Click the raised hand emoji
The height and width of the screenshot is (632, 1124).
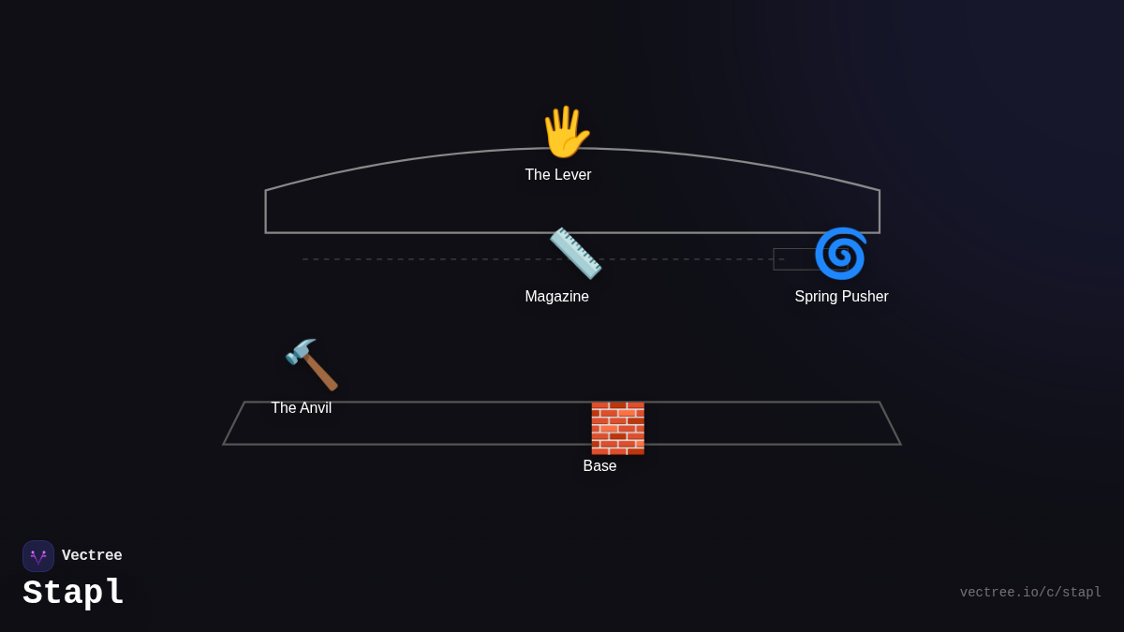tap(565, 132)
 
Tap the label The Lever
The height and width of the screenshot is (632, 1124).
tap(558, 175)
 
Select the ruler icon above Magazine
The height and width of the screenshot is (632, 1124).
tap(575, 253)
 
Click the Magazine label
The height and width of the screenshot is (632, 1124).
tap(557, 297)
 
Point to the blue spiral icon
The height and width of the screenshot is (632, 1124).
tap(840, 253)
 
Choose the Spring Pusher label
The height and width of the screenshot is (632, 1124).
tap(841, 297)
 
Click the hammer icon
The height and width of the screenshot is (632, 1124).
tap(312, 364)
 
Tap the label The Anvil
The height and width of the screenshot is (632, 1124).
tap(302, 408)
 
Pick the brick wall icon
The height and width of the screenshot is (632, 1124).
tap(617, 428)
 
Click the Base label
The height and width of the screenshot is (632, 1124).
tap(599, 466)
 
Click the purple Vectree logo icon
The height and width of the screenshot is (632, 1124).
tap(38, 556)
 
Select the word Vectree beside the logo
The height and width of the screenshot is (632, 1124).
tap(92, 556)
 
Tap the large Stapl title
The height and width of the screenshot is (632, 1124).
tap(73, 593)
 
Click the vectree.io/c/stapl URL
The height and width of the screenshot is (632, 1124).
tap(1030, 593)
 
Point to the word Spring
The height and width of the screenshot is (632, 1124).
tap(819, 297)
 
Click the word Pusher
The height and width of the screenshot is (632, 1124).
tap(866, 297)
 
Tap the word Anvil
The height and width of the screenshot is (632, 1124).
tap(315, 408)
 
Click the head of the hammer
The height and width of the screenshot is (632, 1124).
tap(301, 352)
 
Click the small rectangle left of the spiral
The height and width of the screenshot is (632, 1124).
tap(792, 259)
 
